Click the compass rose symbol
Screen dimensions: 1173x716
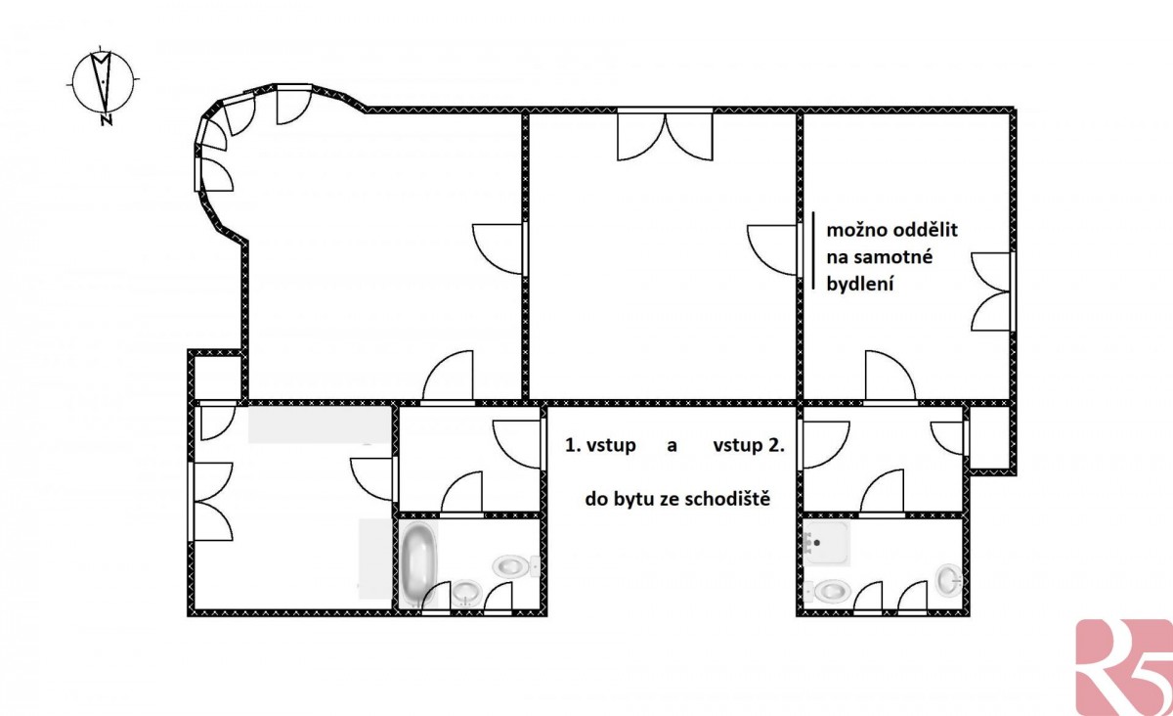tap(105, 83)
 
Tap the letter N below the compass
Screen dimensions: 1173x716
tap(107, 120)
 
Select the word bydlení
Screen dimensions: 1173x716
tap(860, 284)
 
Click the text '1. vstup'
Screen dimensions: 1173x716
tap(600, 445)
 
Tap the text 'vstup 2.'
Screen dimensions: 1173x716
tap(749, 445)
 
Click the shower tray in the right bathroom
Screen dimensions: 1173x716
tap(826, 543)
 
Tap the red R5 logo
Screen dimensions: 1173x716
tap(1124, 668)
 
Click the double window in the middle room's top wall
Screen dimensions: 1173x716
tap(665, 134)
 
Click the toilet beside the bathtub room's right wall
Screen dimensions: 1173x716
tap(516, 567)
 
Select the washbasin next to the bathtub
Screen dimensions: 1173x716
tap(466, 593)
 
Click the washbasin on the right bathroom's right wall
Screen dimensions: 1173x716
tap(949, 580)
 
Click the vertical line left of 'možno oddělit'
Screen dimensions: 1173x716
tap(813, 250)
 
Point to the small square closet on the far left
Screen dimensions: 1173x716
tap(217, 376)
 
